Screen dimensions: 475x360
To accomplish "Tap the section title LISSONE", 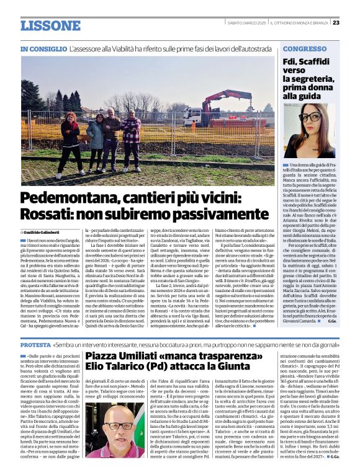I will [x=50, y=26].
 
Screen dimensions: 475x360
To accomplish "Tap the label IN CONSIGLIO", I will [x=43, y=48].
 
